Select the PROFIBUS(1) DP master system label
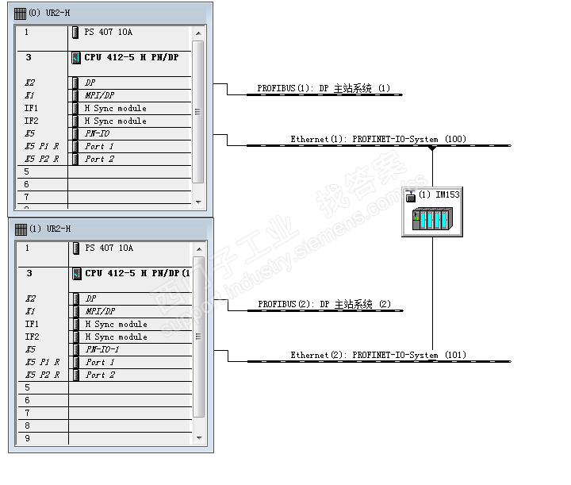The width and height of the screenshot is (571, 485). [324, 88]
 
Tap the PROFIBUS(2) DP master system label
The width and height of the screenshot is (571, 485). [324, 304]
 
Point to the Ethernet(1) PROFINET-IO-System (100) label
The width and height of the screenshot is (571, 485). [378, 139]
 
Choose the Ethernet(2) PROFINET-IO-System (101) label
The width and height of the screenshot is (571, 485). [378, 355]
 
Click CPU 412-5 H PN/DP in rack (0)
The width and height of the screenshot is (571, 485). [132, 57]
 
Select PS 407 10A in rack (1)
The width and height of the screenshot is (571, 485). [109, 248]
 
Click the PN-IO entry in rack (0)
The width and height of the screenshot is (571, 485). [98, 133]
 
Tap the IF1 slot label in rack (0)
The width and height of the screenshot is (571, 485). [31, 108]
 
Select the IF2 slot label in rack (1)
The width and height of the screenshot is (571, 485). [32, 337]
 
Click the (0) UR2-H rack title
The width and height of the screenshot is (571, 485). [49, 13]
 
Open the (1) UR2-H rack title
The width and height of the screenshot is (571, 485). [50, 229]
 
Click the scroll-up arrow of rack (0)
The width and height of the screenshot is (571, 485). [198, 33]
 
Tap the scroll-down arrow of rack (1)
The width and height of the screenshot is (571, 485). [199, 437]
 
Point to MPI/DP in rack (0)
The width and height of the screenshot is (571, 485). [99, 95]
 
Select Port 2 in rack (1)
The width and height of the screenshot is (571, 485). [100, 375]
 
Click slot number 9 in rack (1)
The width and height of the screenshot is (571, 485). [27, 438]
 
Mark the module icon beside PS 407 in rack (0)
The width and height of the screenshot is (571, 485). [75, 33]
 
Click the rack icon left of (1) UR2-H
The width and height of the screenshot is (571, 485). [21, 229]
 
